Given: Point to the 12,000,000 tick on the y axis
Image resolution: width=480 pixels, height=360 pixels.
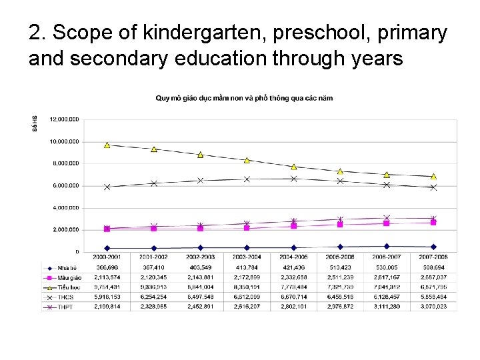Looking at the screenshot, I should (65, 119).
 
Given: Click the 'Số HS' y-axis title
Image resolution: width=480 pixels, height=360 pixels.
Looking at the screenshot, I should (34, 125).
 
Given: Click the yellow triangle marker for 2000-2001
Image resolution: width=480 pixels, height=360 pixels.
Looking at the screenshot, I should (107, 145).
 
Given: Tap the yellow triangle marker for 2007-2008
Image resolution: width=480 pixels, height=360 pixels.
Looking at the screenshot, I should (433, 177).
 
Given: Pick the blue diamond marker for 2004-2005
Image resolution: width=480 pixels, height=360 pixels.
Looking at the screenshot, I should (294, 247).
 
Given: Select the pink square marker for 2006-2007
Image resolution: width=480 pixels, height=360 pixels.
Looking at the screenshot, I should (387, 223).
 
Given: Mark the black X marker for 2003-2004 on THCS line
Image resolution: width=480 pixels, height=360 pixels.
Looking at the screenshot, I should (247, 179).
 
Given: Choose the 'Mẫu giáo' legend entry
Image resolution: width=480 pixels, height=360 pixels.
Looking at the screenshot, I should (67, 277).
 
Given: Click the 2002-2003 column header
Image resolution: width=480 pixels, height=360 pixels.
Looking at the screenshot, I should (201, 257).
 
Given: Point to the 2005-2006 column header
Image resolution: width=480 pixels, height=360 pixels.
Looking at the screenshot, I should (340, 257).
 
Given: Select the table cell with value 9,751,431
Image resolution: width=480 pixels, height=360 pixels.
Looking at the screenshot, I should (107, 287).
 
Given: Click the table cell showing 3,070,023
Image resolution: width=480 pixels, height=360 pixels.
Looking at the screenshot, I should (433, 307).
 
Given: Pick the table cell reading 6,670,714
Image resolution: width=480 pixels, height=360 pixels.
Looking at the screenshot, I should (294, 297).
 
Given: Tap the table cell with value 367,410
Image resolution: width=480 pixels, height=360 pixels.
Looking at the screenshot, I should (154, 267).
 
